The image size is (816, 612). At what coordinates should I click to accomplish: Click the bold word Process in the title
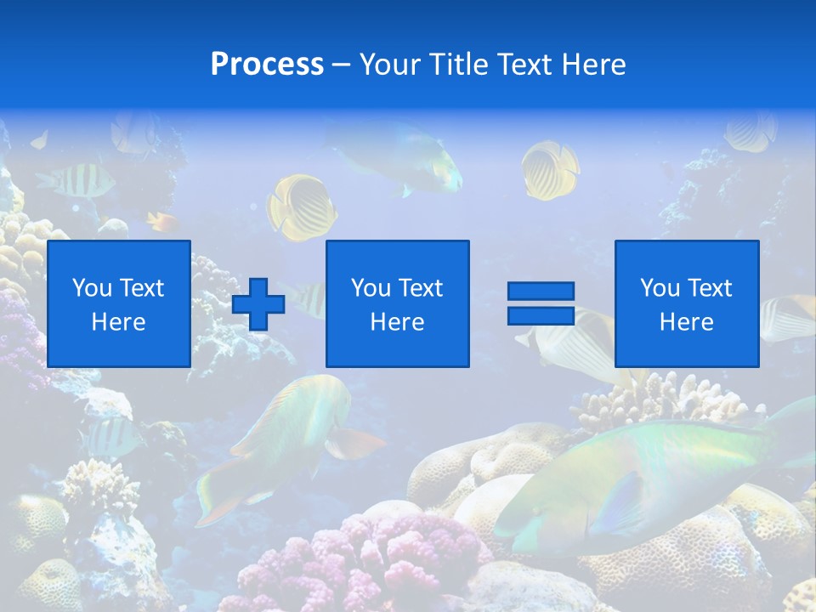coord(267,65)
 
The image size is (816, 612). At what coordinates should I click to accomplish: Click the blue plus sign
coord(258,304)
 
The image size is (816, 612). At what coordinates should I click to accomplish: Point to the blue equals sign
coord(541,303)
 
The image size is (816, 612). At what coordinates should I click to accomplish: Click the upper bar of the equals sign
coord(541,292)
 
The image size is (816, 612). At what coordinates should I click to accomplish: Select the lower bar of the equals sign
coord(541,316)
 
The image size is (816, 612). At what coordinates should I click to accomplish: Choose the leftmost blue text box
coord(119,303)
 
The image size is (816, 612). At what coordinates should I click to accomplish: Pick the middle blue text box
coord(397,303)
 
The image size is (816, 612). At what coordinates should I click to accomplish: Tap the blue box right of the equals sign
coord(687,303)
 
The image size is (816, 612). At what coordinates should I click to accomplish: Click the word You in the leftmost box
coord(92,288)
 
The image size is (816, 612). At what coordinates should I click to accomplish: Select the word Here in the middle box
coord(397,322)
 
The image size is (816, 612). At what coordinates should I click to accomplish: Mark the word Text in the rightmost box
coord(709,288)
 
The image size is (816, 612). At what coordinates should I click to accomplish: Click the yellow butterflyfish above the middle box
coord(302,206)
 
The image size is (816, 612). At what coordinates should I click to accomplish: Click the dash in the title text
coord(342,65)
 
